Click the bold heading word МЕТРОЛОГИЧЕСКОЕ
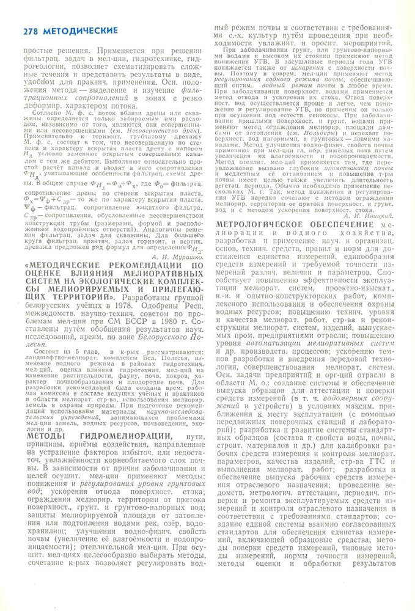260,225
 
